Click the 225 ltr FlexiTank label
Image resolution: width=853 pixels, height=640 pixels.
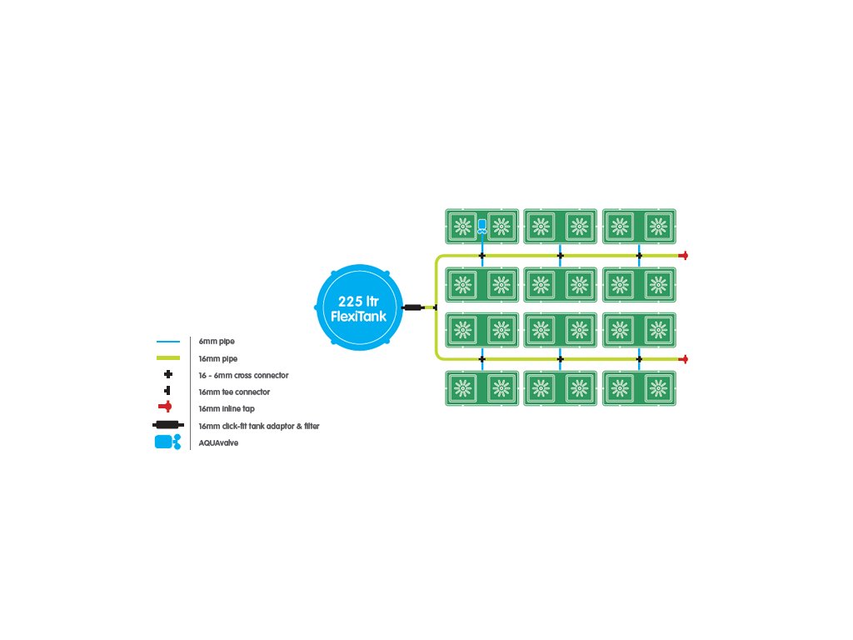tap(358, 308)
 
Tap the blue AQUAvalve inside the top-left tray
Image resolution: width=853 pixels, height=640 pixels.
tap(482, 227)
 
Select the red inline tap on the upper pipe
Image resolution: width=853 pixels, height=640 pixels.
tap(683, 255)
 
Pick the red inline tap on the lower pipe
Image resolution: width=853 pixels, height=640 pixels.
tap(683, 359)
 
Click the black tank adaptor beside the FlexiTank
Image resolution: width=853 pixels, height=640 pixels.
tap(413, 307)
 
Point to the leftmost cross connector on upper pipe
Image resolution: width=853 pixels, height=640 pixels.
tap(482, 255)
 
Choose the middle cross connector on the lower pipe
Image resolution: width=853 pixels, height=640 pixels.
tap(561, 359)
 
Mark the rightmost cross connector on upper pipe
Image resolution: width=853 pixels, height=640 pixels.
tap(639, 255)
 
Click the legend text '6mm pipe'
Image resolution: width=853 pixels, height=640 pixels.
tap(217, 342)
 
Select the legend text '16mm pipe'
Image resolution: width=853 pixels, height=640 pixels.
tap(218, 358)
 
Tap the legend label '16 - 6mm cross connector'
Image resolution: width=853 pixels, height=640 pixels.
tap(244, 376)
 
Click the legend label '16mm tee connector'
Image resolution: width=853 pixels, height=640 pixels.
tap(234, 392)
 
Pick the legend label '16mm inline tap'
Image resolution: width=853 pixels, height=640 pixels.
tap(227, 408)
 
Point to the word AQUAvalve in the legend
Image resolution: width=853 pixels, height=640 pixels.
tap(219, 443)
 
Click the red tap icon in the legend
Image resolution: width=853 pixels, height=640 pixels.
tap(166, 407)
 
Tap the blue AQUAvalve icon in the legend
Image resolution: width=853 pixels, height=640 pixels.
tap(167, 442)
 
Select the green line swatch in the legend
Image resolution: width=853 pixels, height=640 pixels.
tap(168, 358)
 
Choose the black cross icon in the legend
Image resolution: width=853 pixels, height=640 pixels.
tap(168, 374)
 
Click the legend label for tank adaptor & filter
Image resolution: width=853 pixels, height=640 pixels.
tap(259, 426)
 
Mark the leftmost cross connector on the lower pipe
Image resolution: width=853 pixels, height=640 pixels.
tap(482, 359)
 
